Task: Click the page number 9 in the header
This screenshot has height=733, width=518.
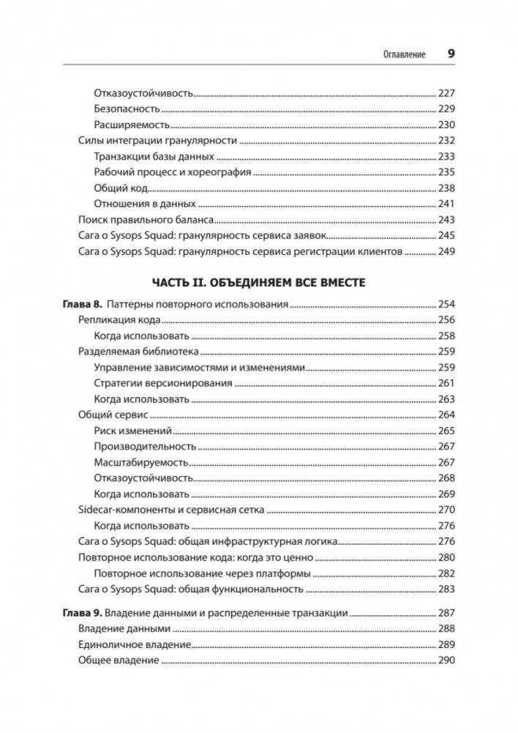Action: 451,53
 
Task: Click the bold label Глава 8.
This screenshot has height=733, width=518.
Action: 80,304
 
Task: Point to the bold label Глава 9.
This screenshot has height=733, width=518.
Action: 80,614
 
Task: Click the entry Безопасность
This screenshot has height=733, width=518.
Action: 127,108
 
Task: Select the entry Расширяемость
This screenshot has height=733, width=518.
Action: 132,124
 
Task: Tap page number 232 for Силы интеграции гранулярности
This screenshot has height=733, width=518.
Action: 446,141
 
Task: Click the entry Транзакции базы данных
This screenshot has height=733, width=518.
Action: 154,157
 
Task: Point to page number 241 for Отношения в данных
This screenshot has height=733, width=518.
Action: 446,204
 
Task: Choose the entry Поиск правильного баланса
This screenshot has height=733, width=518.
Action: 146,220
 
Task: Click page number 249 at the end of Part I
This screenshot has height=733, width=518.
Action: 446,252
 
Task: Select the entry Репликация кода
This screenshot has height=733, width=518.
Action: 119,320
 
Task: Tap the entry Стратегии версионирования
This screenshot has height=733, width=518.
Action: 163,383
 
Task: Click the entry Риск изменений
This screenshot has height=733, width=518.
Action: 132,431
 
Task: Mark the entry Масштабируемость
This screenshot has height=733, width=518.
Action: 140,462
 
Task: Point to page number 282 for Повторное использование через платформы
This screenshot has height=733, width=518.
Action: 446,573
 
